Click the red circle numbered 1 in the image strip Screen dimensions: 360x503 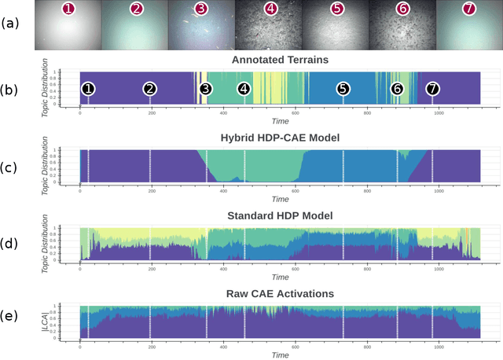point(69,9)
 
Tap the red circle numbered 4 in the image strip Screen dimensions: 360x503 point(270,9)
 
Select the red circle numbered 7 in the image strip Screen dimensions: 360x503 point(469,9)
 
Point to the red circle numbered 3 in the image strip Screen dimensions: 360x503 point(201,9)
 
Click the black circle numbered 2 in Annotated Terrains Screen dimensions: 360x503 point(149,89)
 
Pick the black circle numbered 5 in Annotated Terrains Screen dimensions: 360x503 point(343,89)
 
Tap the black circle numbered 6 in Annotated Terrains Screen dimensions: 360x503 point(397,89)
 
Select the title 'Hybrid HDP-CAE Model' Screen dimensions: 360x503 point(279,138)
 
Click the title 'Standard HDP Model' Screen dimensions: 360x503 point(279,215)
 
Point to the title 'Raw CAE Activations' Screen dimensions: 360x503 point(279,293)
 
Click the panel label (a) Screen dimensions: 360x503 point(11,23)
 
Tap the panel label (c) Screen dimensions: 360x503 point(11,166)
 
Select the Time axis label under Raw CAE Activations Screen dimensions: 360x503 point(279,355)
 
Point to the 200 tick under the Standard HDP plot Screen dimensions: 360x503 point(152,268)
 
